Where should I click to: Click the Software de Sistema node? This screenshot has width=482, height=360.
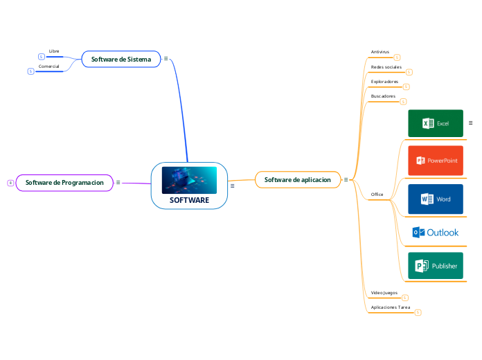pyautogui.click(x=121, y=60)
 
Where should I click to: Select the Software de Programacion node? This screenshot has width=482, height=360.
pyautogui.click(x=64, y=183)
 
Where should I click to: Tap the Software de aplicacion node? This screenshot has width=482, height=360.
pyautogui.click(x=298, y=180)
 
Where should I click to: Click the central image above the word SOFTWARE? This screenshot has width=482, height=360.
pyautogui.click(x=189, y=180)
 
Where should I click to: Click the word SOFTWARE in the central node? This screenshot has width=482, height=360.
pyautogui.click(x=189, y=200)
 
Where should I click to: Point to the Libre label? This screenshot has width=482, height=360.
pyautogui.click(x=54, y=51)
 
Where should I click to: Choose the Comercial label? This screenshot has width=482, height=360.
pyautogui.click(x=48, y=66)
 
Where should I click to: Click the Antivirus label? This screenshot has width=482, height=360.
pyautogui.click(x=380, y=52)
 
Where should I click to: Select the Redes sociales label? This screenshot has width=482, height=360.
pyautogui.click(x=386, y=67)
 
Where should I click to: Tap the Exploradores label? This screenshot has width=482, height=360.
pyautogui.click(x=384, y=82)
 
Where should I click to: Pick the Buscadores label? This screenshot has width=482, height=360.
pyautogui.click(x=383, y=96)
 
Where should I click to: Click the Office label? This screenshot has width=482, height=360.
pyautogui.click(x=377, y=195)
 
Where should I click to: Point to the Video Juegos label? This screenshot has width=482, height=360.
pyautogui.click(x=384, y=293)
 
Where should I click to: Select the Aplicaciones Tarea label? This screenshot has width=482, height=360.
pyautogui.click(x=391, y=307)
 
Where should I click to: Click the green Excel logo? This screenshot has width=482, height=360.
pyautogui.click(x=436, y=123)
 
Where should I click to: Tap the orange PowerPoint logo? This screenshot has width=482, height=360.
pyautogui.click(x=436, y=160)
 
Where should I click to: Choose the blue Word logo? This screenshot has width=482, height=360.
pyautogui.click(x=436, y=199)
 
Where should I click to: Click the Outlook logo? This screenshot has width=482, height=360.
pyautogui.click(x=436, y=233)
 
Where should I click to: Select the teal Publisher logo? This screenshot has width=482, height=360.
pyautogui.click(x=436, y=266)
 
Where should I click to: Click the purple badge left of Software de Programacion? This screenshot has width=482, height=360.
pyautogui.click(x=10, y=183)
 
